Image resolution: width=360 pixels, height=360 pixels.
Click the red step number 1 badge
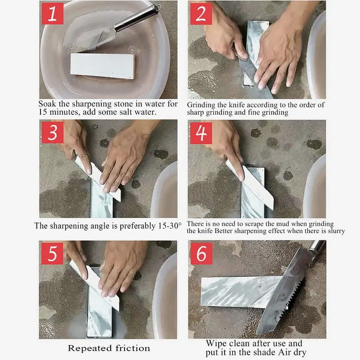53,14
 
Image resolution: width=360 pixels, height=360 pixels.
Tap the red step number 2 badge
201,14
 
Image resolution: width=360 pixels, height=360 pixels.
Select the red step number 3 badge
53,133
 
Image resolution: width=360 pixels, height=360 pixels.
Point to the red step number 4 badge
201,133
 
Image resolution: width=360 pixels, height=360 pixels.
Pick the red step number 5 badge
53,253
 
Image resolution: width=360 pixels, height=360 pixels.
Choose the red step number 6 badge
201,253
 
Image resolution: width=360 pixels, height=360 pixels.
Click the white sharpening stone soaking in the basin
102,65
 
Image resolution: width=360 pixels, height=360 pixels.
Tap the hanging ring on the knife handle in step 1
157,8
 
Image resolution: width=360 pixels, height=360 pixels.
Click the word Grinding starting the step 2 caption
202,105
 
